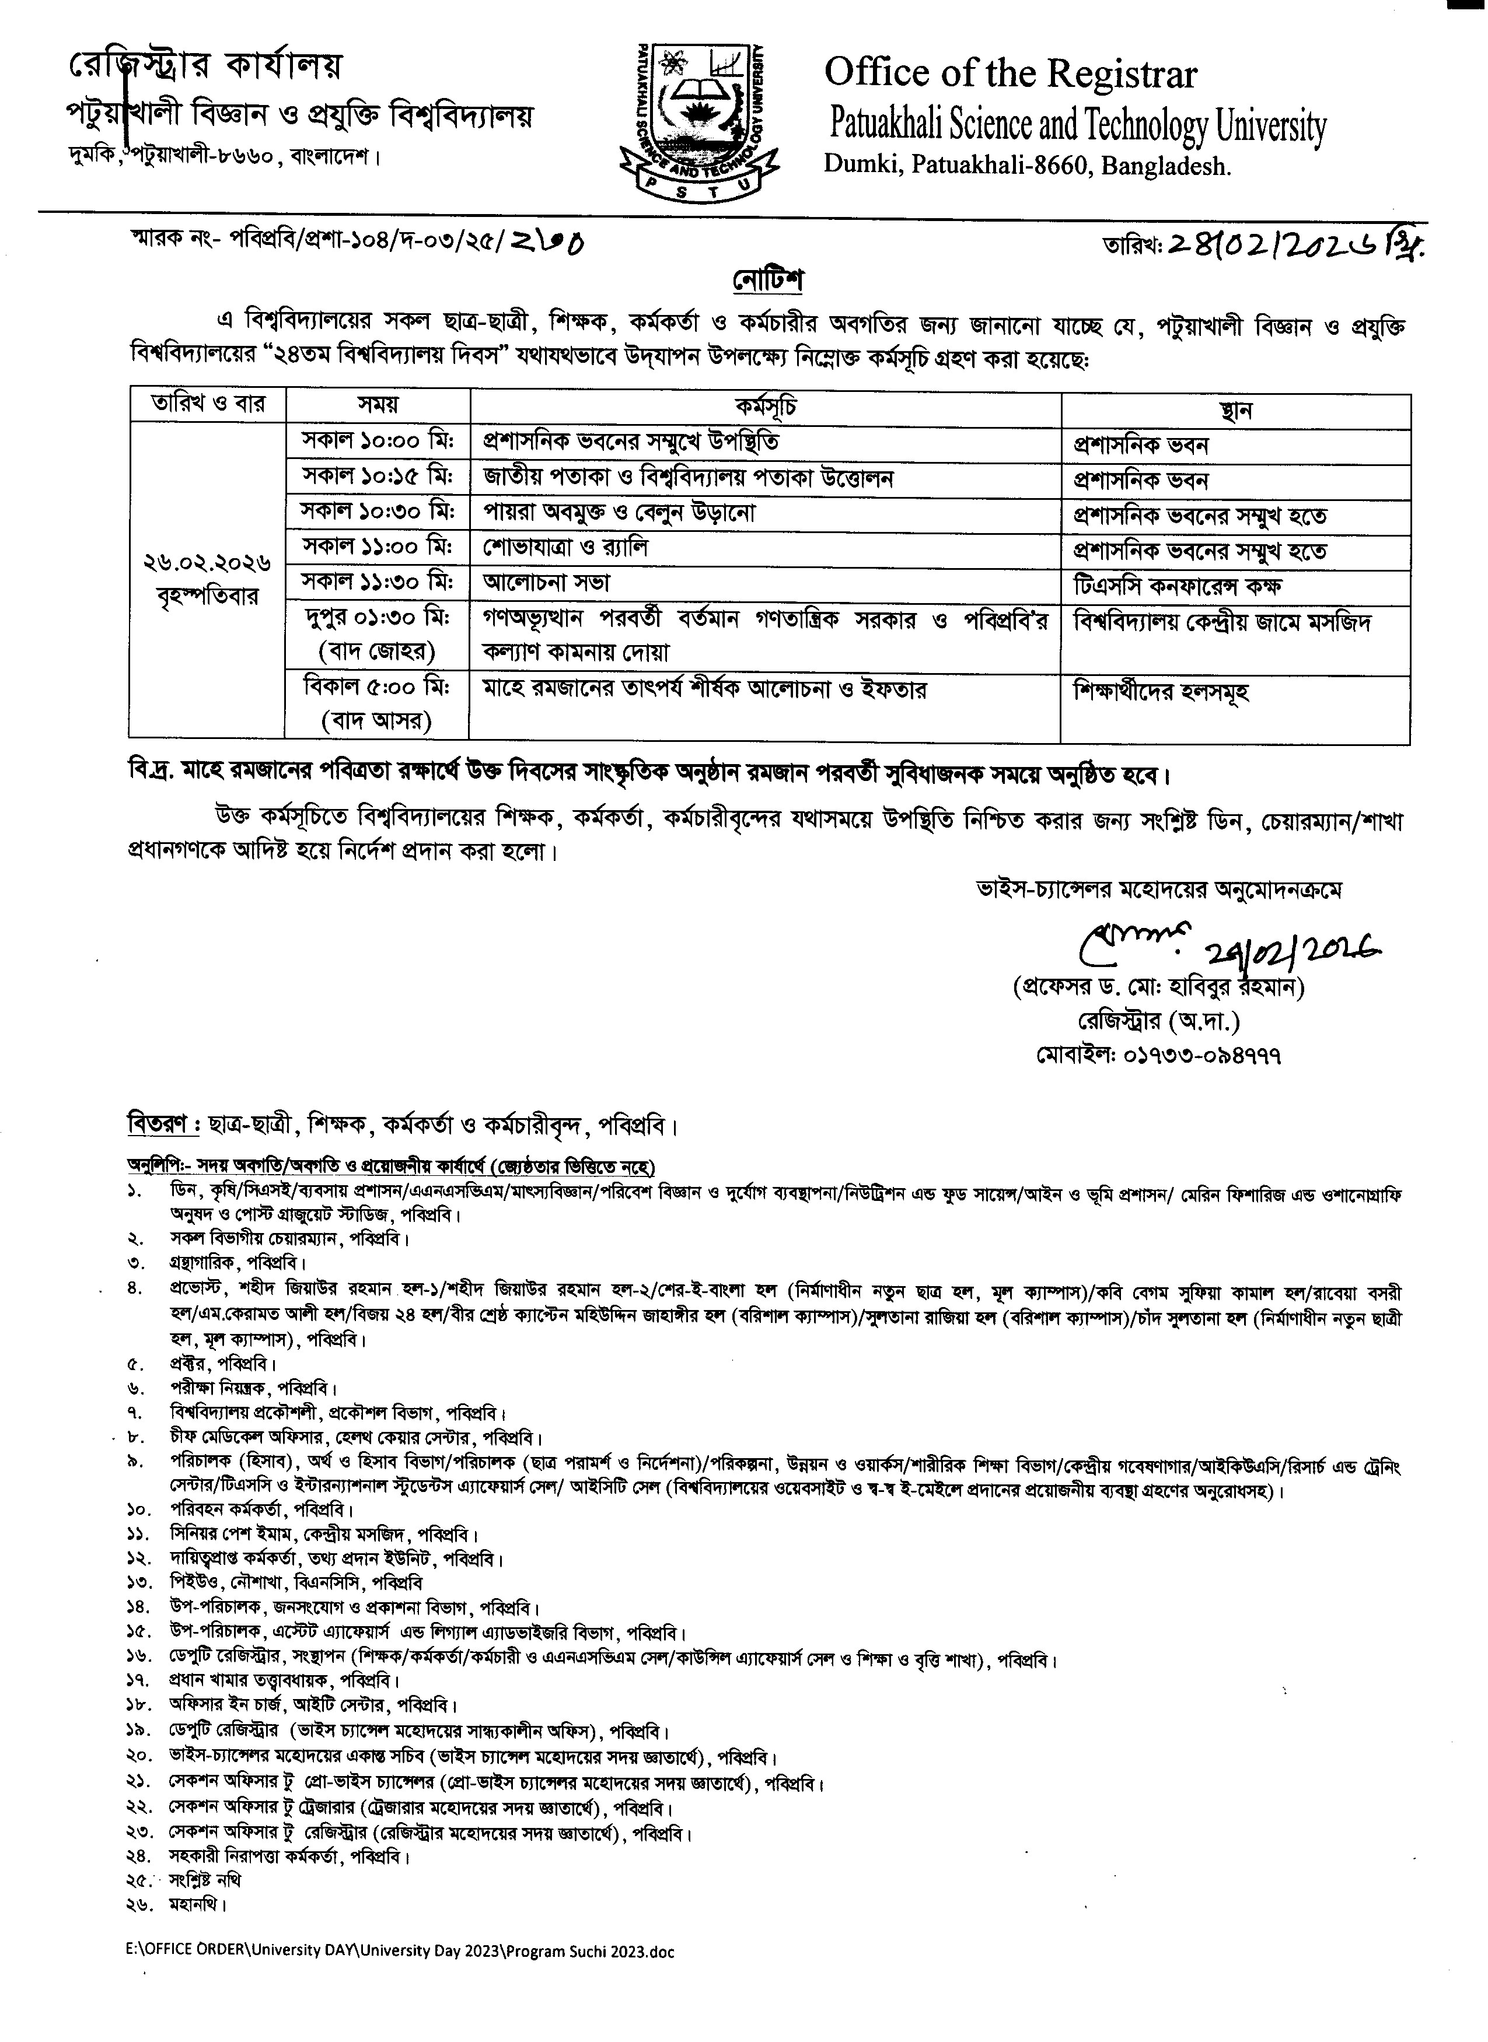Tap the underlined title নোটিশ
point(767,280)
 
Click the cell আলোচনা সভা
point(547,583)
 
